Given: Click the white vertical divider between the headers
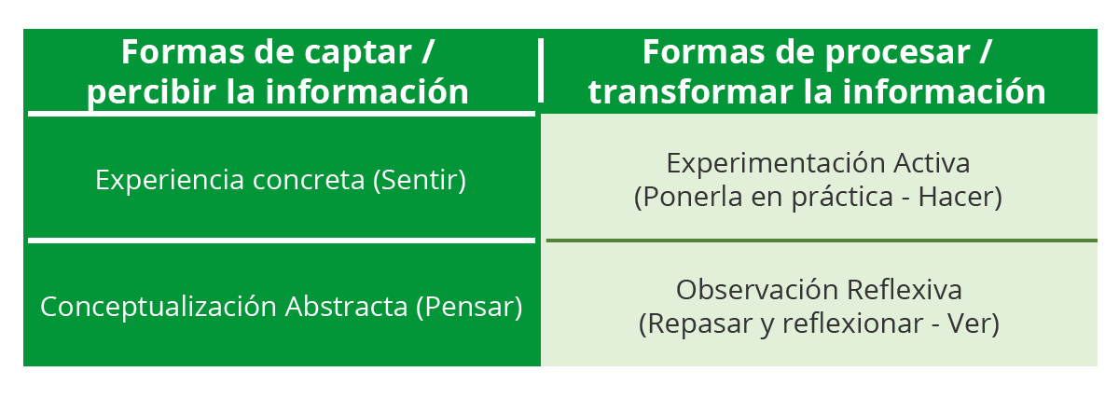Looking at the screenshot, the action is [541, 70].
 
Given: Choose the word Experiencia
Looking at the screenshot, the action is [170, 180].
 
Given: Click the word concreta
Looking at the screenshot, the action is [309, 181].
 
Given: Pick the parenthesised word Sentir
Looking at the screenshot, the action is [420, 180].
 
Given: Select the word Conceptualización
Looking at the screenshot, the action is [159, 307].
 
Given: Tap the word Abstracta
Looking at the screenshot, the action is [346, 307].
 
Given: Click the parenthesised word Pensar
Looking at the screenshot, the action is [469, 307].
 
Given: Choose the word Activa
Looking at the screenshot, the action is [932, 163].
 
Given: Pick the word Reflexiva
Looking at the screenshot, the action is [905, 290].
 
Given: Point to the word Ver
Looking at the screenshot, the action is [974, 323].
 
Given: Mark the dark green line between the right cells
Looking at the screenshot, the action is [822, 241].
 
